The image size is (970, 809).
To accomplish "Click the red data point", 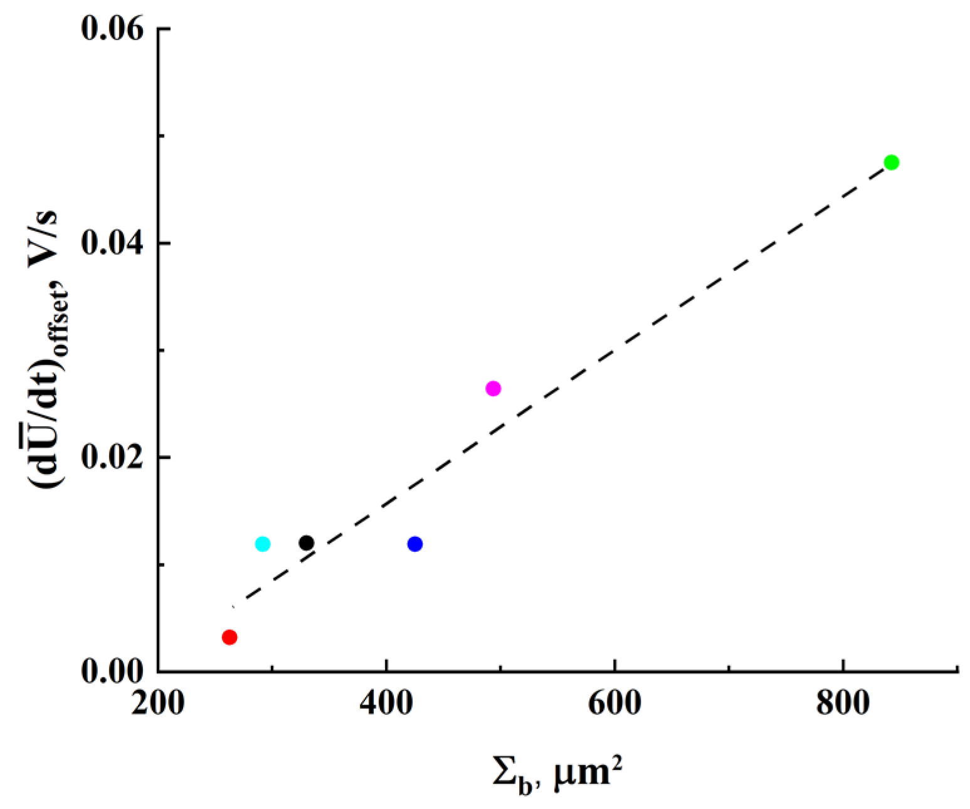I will tap(229, 637).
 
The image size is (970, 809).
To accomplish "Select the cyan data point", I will tap(263, 544).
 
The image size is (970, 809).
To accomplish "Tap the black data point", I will tap(306, 542).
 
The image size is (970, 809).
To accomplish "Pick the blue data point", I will tap(414, 544).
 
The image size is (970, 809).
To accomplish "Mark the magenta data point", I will tap(493, 389).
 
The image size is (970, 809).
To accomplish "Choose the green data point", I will tap(891, 162).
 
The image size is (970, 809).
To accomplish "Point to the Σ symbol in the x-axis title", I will tap(503, 775).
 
